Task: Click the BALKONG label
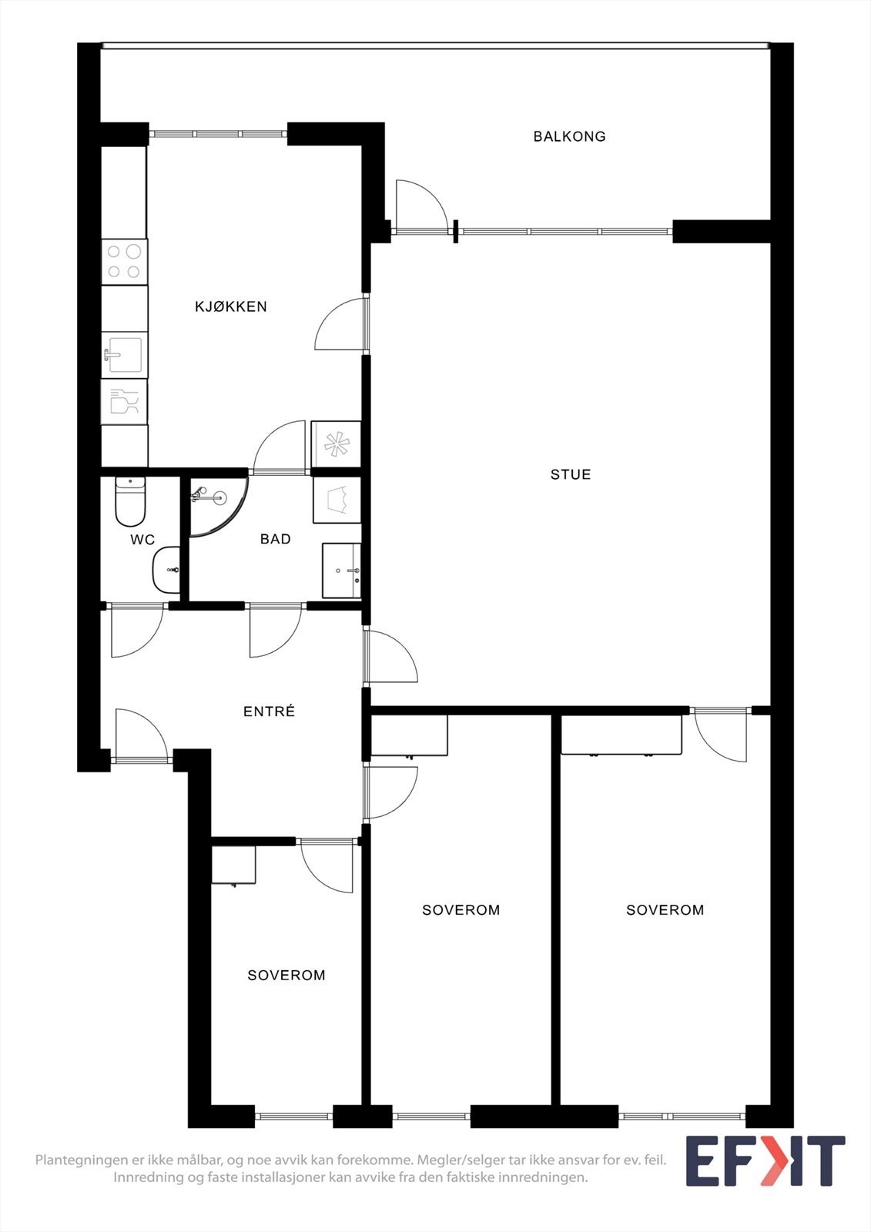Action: (x=569, y=136)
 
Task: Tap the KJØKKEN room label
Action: (x=231, y=306)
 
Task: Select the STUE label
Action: (x=571, y=474)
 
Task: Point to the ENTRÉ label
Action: (x=269, y=711)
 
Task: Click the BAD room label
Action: (x=275, y=539)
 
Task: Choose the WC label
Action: (x=142, y=540)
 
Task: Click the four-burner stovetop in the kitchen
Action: (x=124, y=261)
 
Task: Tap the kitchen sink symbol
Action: (x=124, y=354)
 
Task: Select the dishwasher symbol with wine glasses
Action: (x=124, y=401)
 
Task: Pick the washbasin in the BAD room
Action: (x=341, y=570)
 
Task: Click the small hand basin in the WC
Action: (x=167, y=570)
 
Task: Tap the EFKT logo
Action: (x=765, y=1160)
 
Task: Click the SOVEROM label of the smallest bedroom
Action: (x=286, y=976)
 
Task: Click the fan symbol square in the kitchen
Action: (x=337, y=444)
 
